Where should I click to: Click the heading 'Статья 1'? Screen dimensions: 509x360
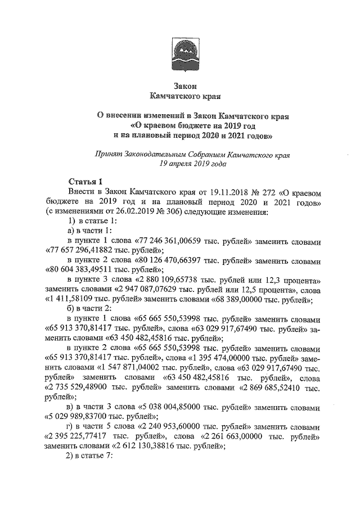(85, 182)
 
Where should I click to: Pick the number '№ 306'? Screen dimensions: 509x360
(160, 212)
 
